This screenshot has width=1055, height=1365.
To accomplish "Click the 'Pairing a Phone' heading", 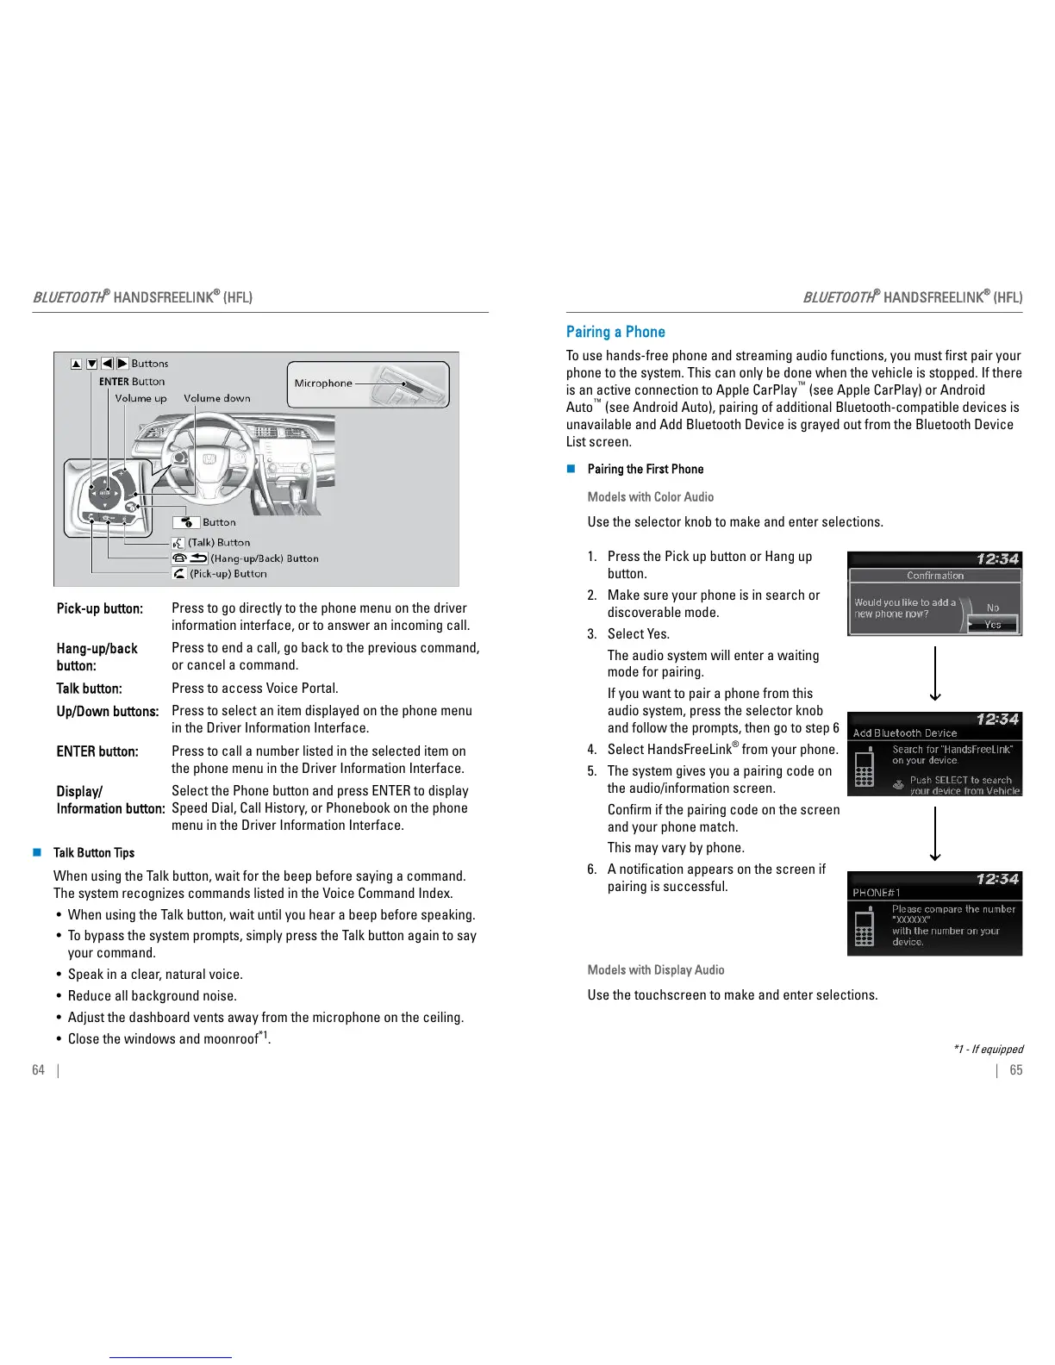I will [x=615, y=332].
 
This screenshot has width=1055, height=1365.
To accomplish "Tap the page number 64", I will [x=38, y=1069].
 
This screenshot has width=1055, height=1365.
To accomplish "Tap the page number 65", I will [x=1016, y=1069].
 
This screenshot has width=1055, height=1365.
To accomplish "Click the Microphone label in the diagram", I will [x=323, y=383].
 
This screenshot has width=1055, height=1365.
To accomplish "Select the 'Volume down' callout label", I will [x=217, y=398].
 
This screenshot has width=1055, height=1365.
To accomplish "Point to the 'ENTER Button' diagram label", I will [x=132, y=381].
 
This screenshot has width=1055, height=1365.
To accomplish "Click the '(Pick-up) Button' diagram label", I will [x=228, y=573].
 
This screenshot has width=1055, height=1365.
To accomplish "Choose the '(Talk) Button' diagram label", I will [x=219, y=542].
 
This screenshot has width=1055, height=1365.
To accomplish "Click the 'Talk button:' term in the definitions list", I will [x=90, y=689].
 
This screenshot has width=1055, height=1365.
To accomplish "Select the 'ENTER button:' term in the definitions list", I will [x=97, y=751].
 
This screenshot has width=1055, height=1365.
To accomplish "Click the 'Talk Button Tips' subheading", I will [x=94, y=853].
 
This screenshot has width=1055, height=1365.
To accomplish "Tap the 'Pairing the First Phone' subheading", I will [x=646, y=469].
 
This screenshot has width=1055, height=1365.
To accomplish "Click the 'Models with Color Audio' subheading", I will [x=651, y=496].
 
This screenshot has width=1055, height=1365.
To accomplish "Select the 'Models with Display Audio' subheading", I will [x=656, y=969].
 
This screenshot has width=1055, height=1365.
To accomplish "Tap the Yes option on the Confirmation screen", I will [x=993, y=624].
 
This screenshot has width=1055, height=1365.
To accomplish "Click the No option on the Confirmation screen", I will [x=993, y=608].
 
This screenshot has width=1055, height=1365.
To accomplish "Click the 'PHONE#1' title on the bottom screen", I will [x=871, y=893].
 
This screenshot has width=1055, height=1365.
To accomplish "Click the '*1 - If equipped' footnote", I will [x=989, y=1049].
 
